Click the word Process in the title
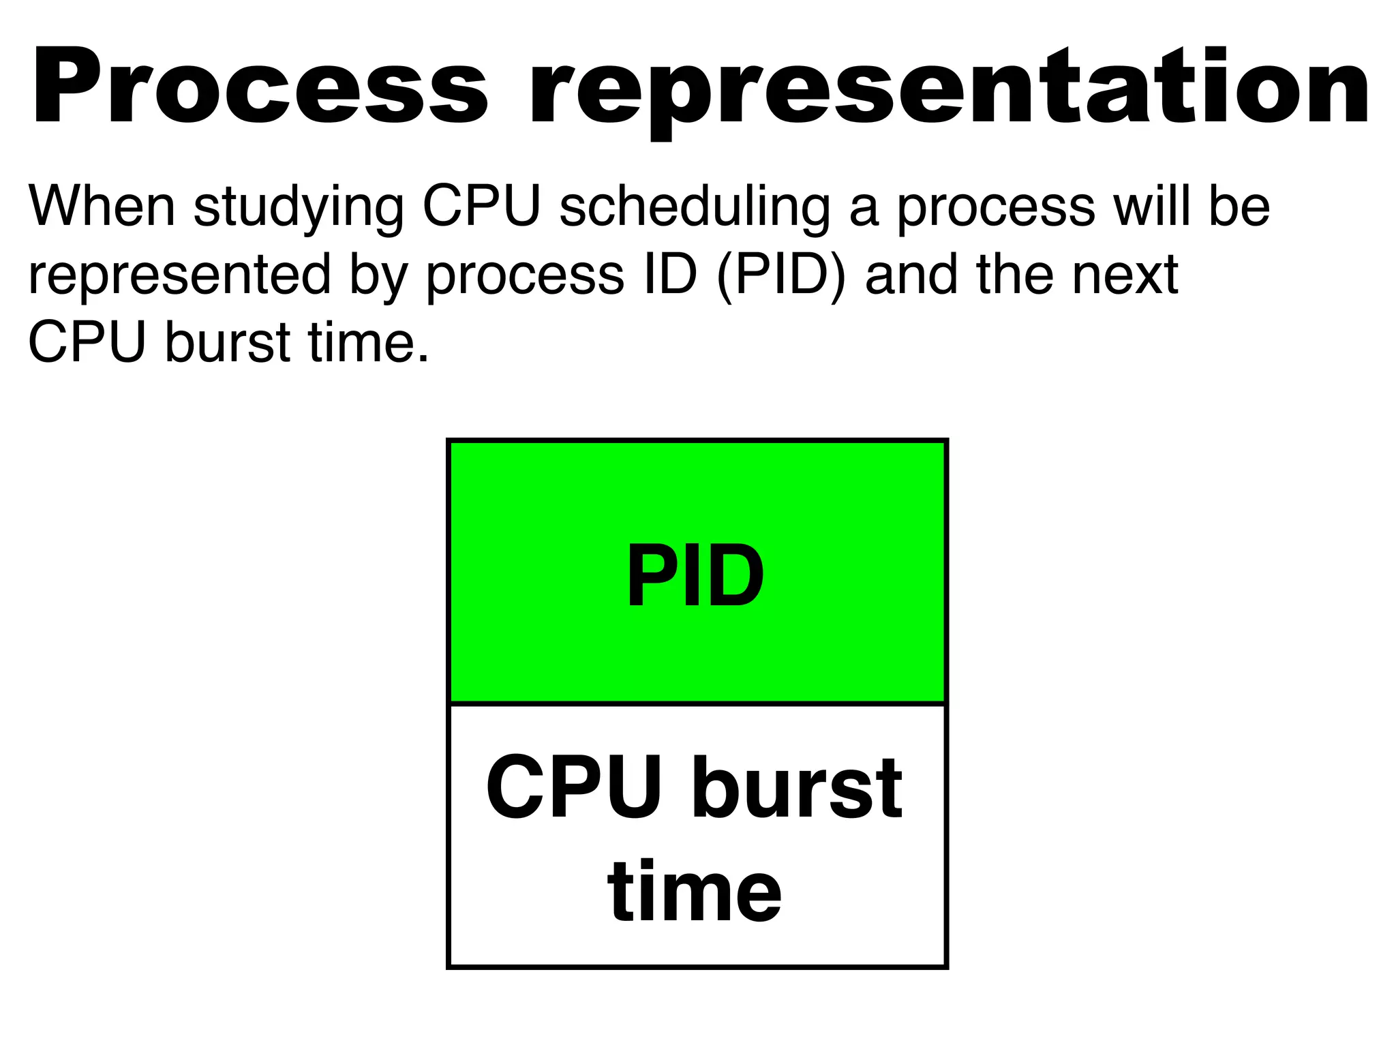click(259, 87)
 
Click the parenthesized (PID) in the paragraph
click(781, 275)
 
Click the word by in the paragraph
click(379, 275)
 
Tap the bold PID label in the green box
click(695, 576)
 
